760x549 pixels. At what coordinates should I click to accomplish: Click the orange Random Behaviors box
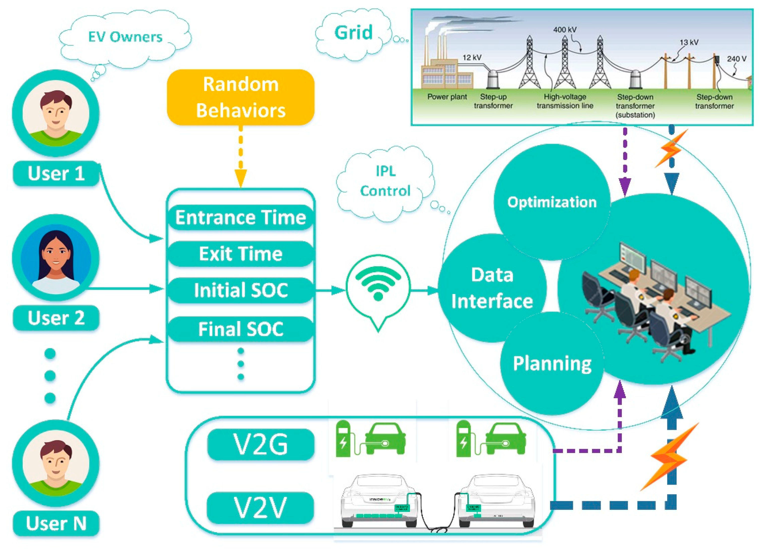point(241,97)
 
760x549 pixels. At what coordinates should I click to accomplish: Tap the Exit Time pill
point(241,254)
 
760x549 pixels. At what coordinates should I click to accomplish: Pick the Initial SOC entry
point(241,290)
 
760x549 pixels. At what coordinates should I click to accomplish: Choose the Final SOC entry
point(241,329)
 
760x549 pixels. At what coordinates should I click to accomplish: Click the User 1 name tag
point(56,173)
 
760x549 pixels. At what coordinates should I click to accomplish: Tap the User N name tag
point(56,523)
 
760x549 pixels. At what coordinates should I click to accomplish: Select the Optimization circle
point(552,202)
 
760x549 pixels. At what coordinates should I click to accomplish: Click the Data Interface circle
point(492,288)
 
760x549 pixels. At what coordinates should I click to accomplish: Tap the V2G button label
point(261,445)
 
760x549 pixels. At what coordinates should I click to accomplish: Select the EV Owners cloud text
point(125,37)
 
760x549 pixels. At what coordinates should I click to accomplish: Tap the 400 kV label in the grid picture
point(565,30)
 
